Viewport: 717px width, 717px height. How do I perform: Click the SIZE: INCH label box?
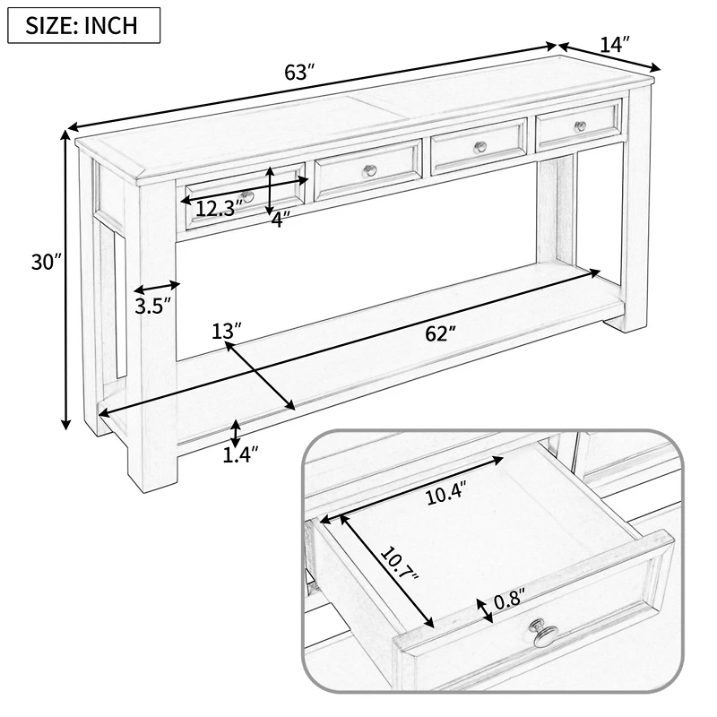coord(83,24)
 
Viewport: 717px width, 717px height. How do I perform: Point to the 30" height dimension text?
coord(43,262)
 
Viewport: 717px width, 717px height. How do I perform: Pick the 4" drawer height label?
coord(281,220)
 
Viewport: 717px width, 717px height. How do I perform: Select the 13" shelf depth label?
coord(227,331)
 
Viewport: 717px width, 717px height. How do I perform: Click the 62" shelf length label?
coord(440,333)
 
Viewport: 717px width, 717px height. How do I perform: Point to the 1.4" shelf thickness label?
coord(240,455)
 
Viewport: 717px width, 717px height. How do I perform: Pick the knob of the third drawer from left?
coord(479,148)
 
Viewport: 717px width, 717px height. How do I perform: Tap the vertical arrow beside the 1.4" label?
coord(235,434)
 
